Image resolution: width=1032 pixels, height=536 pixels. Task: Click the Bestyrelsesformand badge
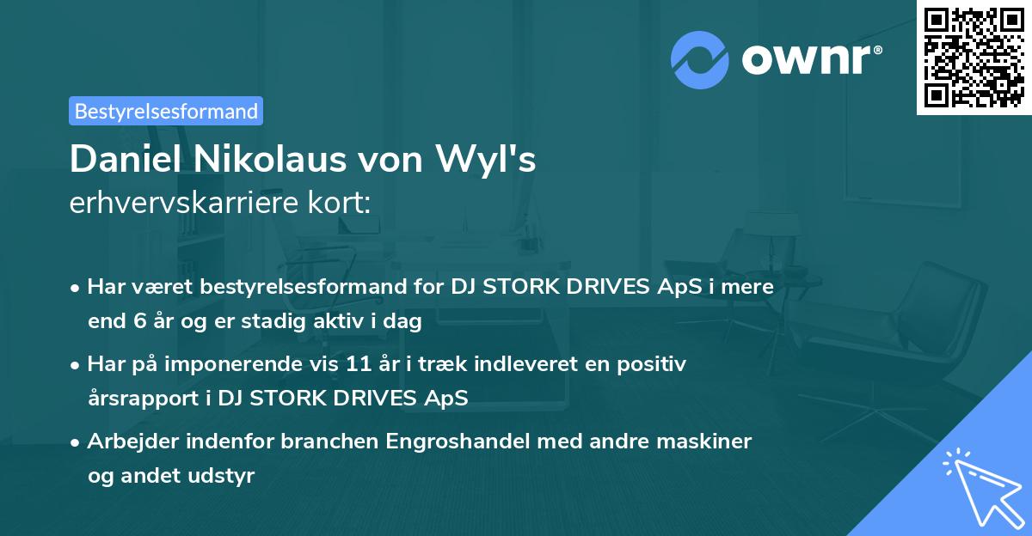pos(166,111)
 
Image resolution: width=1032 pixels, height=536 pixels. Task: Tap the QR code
pos(974,58)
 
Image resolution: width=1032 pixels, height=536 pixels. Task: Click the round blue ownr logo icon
pos(699,60)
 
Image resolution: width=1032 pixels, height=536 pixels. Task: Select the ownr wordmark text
pos(806,60)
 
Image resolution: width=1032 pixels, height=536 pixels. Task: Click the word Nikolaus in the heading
pos(269,159)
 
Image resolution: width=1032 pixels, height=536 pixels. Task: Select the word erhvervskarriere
pos(184,203)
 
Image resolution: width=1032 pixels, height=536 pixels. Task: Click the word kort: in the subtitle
pos(339,203)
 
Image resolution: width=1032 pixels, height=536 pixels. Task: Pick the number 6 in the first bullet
pos(140,320)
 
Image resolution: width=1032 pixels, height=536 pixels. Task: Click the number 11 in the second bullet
pos(359,364)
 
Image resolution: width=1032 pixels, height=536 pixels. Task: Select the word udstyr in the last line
pos(220,476)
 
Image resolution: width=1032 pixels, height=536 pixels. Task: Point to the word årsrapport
pos(143,399)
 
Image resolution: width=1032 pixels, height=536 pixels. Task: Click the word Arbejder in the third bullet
pos(133,442)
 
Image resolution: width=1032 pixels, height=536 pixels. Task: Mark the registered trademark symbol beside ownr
pos(878,50)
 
